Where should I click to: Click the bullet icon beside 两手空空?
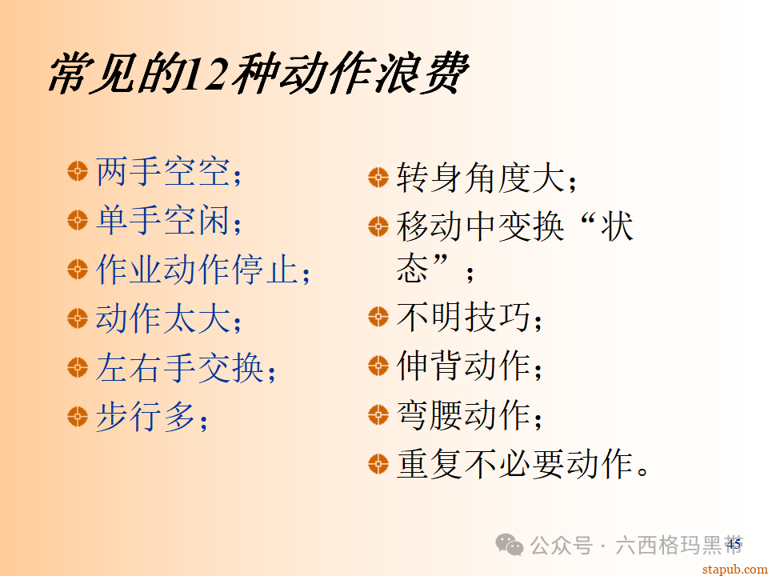77,170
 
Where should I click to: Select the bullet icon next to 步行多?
77,416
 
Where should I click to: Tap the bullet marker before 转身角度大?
378,178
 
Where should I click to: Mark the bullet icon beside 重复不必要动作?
378,463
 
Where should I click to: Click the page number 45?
734,545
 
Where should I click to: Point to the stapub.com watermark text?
733,568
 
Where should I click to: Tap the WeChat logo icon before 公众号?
510,546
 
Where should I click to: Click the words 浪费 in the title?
426,74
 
